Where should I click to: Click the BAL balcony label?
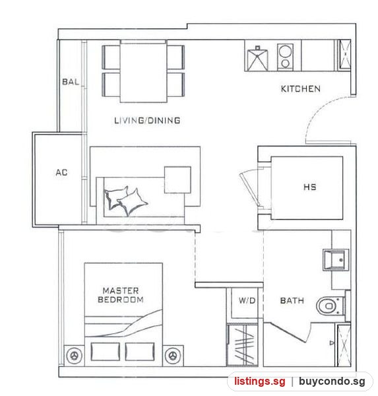tap(71, 82)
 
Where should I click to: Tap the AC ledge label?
tap(61, 172)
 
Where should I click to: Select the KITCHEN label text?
tap(300, 88)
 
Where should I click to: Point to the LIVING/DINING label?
tap(147, 121)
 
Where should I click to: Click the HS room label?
tap(309, 187)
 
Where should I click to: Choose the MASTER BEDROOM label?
tap(121, 295)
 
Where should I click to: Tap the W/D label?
tap(247, 300)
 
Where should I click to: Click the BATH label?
tap(292, 300)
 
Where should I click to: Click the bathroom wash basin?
tap(336, 260)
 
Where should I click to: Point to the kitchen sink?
tap(257, 60)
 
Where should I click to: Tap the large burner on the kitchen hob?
tap(286, 51)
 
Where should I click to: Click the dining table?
tap(143, 71)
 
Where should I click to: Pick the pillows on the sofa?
tap(125, 201)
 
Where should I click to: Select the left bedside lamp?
tap(74, 356)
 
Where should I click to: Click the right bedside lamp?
tap(173, 356)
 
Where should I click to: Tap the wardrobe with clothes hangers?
tap(242, 345)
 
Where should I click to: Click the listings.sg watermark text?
tap(260, 381)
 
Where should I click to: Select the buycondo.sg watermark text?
tap(332, 381)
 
